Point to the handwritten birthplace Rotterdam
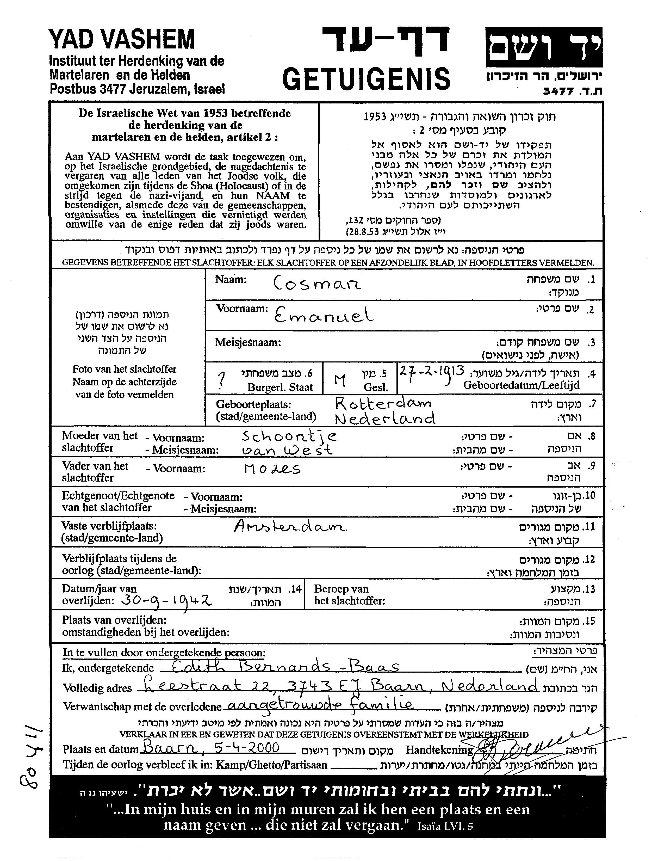coord(383,403)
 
